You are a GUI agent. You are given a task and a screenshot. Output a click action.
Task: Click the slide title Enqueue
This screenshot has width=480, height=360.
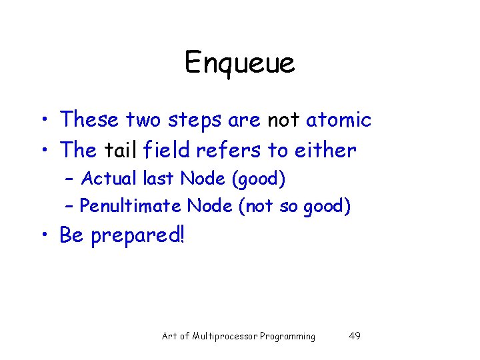(239, 63)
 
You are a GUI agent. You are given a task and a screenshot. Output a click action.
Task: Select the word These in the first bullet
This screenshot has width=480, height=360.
(89, 120)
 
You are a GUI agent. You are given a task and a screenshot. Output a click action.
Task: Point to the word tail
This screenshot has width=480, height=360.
(120, 150)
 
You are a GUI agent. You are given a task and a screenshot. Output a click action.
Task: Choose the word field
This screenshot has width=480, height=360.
(169, 150)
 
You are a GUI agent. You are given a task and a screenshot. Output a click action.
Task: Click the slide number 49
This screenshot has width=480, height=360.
(355, 336)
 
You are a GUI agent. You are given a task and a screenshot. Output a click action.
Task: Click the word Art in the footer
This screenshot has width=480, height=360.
(169, 336)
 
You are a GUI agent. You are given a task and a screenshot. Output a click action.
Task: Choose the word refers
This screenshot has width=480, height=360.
(231, 150)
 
